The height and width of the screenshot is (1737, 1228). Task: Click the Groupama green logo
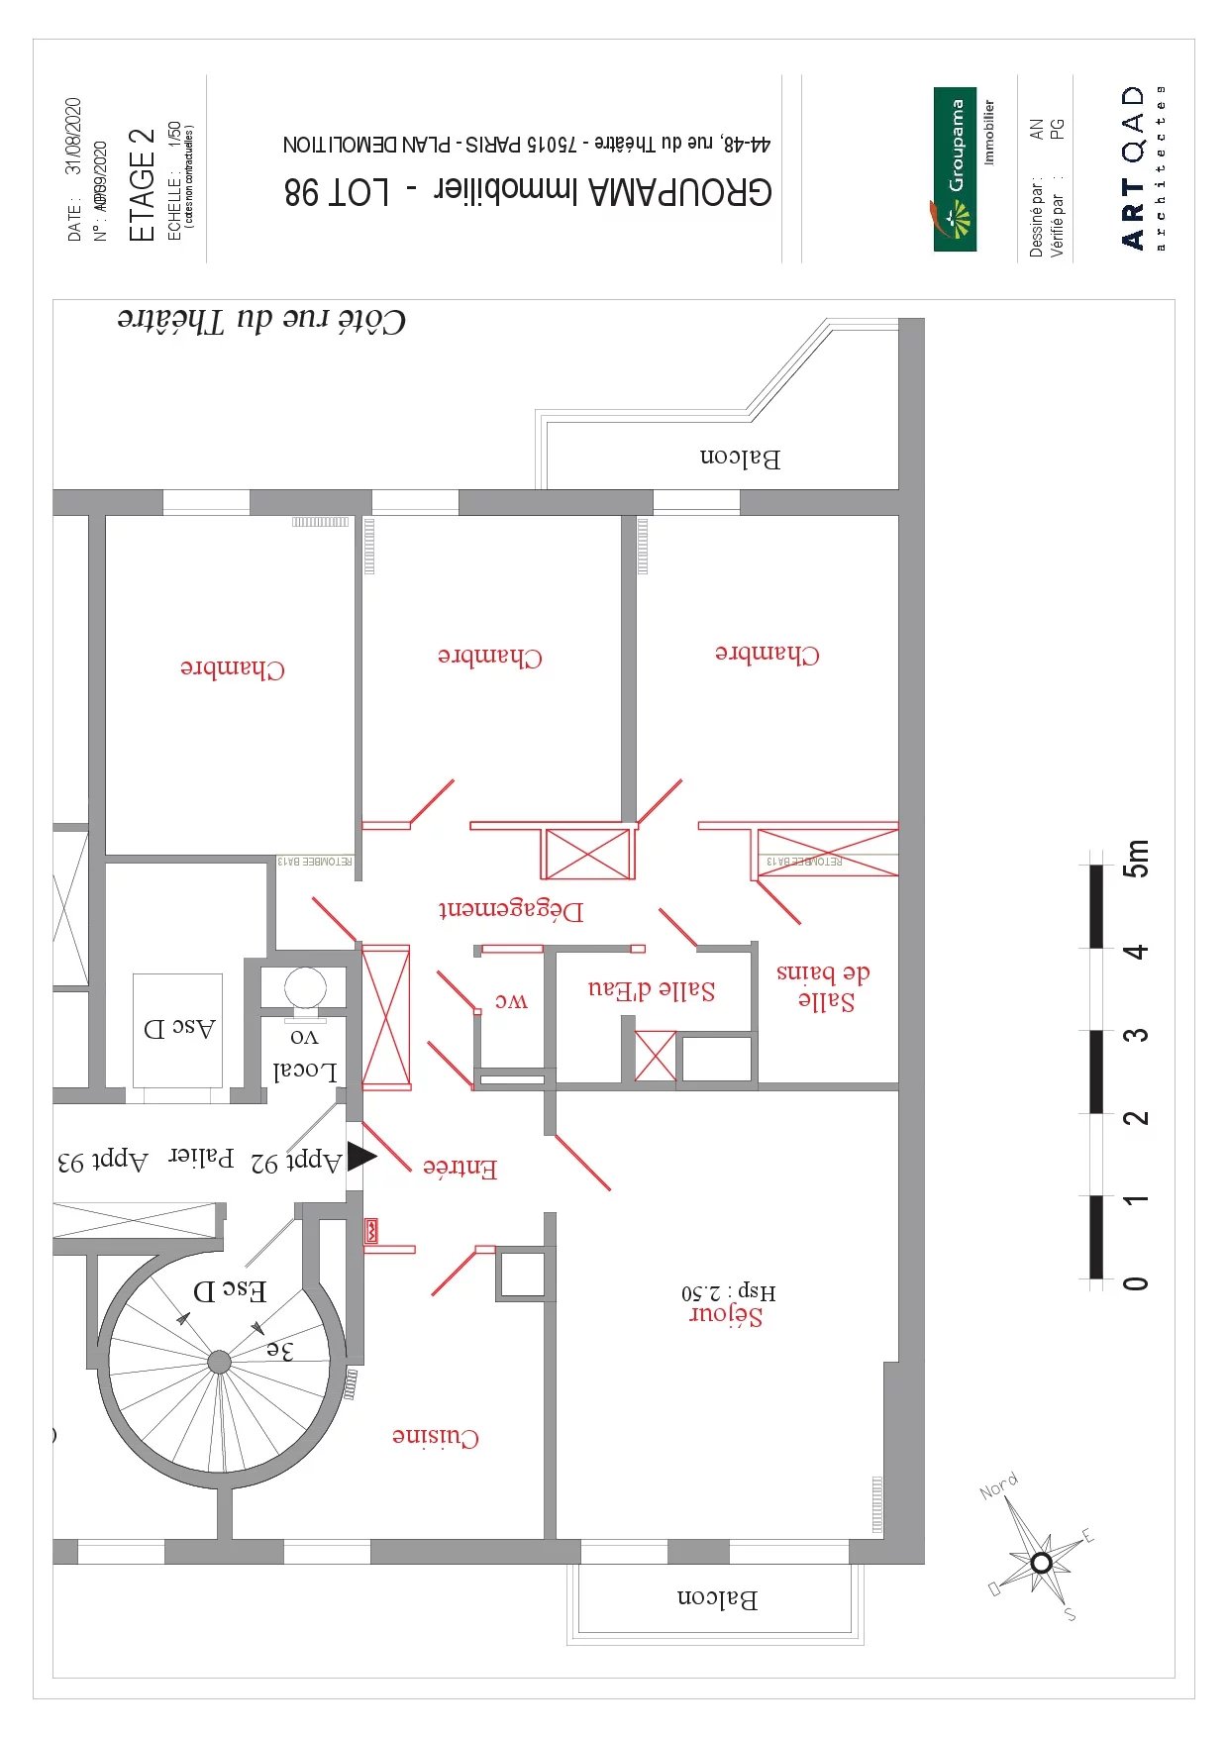click(955, 169)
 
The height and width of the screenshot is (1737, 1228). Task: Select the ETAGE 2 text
click(143, 185)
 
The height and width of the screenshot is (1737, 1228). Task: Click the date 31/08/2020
click(73, 137)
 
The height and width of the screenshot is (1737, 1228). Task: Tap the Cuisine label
click(436, 1437)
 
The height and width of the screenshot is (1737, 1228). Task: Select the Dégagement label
click(511, 909)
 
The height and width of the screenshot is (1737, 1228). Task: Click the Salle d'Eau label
click(652, 990)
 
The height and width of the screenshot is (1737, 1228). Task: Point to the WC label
click(512, 1001)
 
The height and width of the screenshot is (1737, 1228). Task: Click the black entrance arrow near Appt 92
click(361, 1156)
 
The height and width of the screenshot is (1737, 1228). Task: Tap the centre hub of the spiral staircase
click(219, 1363)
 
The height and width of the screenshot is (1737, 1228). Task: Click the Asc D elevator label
click(179, 1028)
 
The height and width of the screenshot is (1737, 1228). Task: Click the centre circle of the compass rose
click(1041, 1563)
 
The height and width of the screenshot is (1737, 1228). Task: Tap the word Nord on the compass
click(998, 1486)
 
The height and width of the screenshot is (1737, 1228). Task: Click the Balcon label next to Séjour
click(717, 1598)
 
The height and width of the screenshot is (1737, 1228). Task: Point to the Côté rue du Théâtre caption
click(261, 320)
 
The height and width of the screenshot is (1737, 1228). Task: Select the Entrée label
click(460, 1168)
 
